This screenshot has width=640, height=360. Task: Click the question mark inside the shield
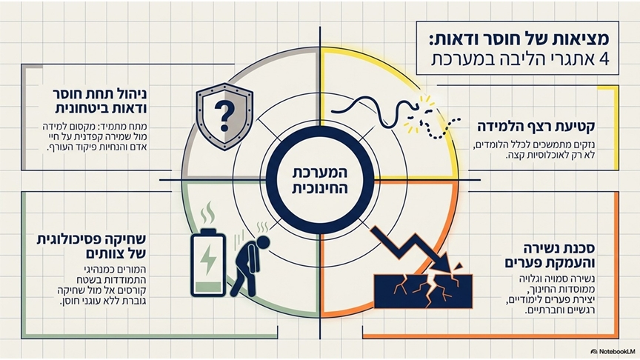[x=224, y=116]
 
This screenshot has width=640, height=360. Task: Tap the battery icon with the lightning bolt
[x=208, y=262]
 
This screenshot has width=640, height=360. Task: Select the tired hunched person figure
[x=249, y=265]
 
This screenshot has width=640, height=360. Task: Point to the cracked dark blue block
[x=423, y=291]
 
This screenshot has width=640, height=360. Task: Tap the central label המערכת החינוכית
[x=320, y=180]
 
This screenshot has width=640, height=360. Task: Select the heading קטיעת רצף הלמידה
[x=536, y=127]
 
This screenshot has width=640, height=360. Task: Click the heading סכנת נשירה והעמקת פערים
[x=550, y=255]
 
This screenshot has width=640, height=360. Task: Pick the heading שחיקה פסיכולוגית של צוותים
[x=91, y=246]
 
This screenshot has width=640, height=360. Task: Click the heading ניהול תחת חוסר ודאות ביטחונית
[x=101, y=101]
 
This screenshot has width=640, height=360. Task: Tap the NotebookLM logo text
[x=613, y=351]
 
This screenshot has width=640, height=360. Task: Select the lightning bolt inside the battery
[x=208, y=259]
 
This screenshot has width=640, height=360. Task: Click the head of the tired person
[x=262, y=242]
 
